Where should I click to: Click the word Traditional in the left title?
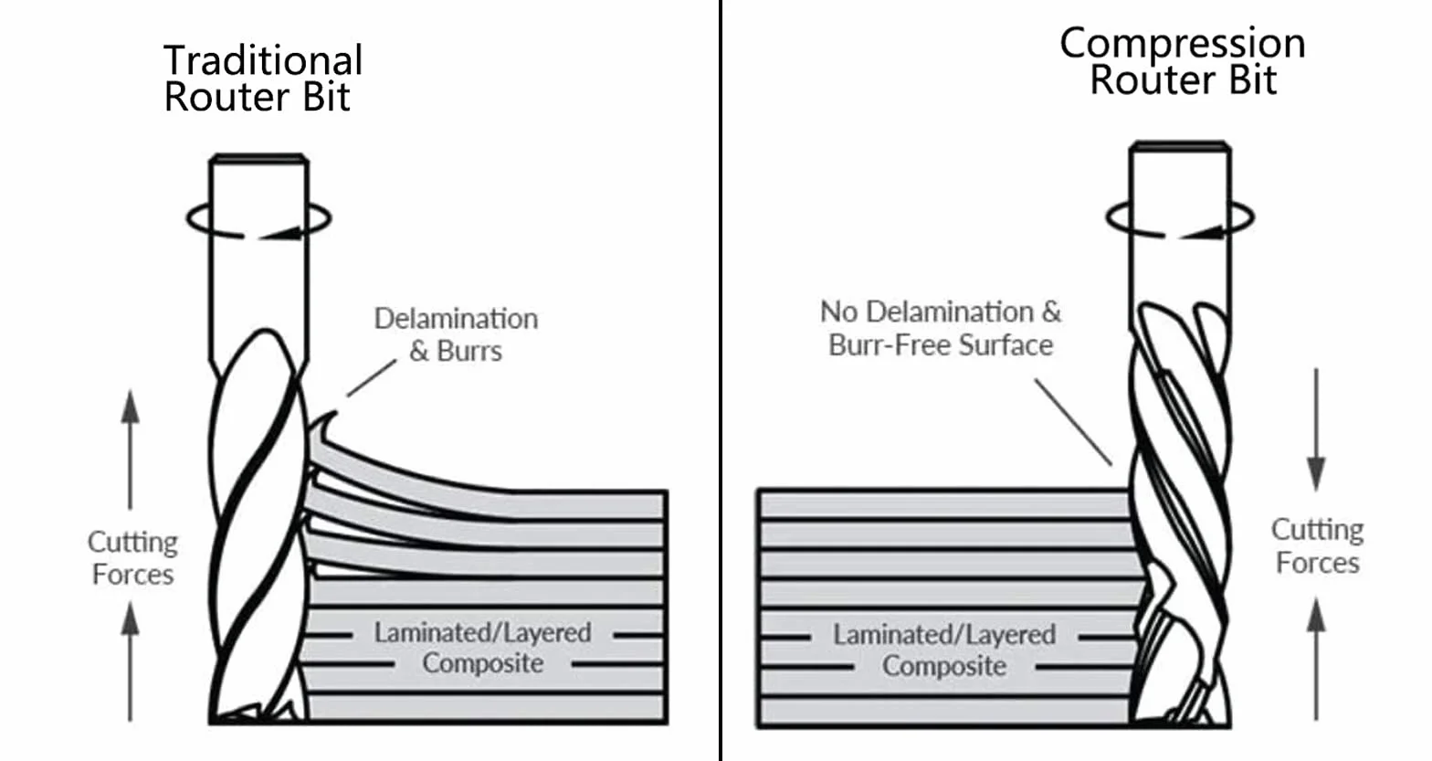click(x=263, y=60)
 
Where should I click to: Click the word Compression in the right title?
click(x=1182, y=45)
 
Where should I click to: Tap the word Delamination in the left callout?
click(x=456, y=319)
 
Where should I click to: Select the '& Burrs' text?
click(x=456, y=351)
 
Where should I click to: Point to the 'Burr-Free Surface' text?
click(x=941, y=345)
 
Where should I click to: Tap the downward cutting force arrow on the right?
click(x=1316, y=429)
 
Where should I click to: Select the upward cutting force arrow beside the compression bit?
click(x=1316, y=659)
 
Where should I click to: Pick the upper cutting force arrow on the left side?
click(x=131, y=449)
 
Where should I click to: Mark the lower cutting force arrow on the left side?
click(x=131, y=661)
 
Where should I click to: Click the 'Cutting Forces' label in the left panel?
click(x=133, y=557)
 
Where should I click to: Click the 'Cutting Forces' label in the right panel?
click(x=1318, y=546)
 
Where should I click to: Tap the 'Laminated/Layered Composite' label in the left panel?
click(x=482, y=648)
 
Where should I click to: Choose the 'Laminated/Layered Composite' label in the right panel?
click(x=944, y=650)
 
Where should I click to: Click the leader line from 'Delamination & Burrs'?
click(x=372, y=378)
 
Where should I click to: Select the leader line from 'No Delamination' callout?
click(x=1073, y=422)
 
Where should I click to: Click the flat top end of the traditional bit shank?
click(x=259, y=157)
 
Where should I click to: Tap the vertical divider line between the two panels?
click(x=721, y=380)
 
